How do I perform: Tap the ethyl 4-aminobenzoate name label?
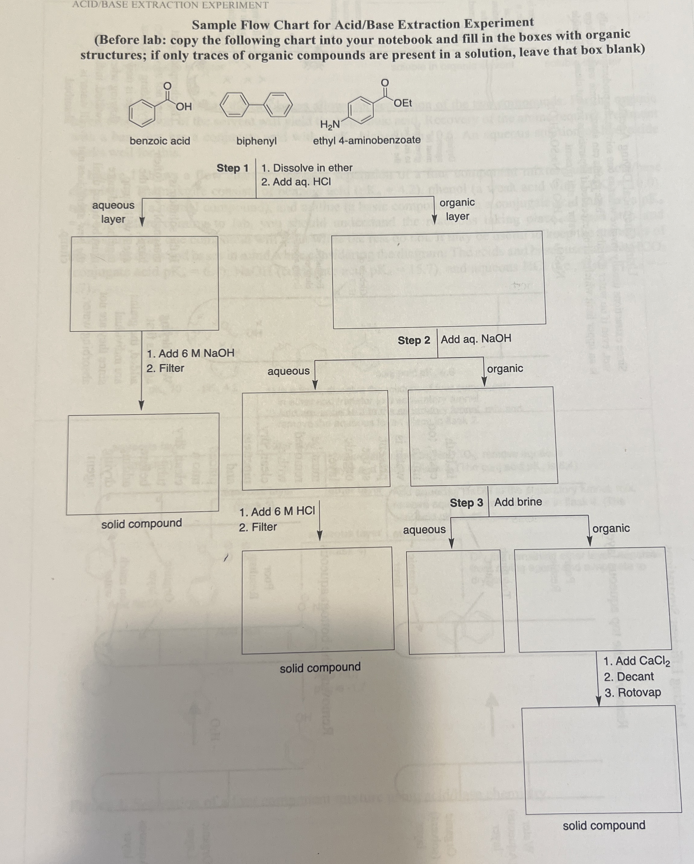point(367,140)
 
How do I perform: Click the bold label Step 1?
point(233,168)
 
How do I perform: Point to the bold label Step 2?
point(414,340)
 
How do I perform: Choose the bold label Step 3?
point(466,503)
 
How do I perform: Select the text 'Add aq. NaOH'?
point(476,339)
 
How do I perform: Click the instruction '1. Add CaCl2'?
point(637,661)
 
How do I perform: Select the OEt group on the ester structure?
point(403,103)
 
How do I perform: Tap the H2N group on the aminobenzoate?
point(330,125)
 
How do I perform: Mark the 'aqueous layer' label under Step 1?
point(113,212)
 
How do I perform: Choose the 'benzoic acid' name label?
point(160,141)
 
